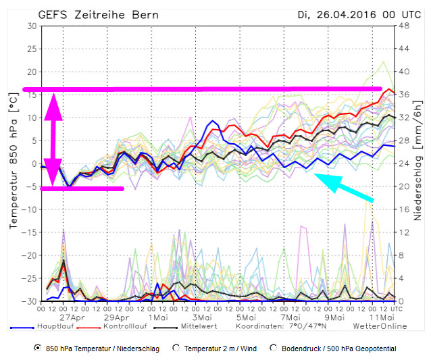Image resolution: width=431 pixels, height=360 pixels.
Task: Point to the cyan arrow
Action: tap(344, 187)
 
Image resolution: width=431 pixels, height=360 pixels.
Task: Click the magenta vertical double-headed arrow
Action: tap(53, 139)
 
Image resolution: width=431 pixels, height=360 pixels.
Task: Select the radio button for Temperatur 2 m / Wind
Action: tap(176, 349)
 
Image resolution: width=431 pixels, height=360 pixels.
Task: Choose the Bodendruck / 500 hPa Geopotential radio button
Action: tap(274, 349)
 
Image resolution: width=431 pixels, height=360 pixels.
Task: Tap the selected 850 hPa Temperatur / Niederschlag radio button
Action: tap(37, 349)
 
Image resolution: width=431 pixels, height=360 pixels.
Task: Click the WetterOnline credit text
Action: tap(380, 326)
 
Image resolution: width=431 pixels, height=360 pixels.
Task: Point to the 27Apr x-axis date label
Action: tap(72, 317)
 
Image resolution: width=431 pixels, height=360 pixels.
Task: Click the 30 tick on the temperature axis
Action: tap(32, 26)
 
